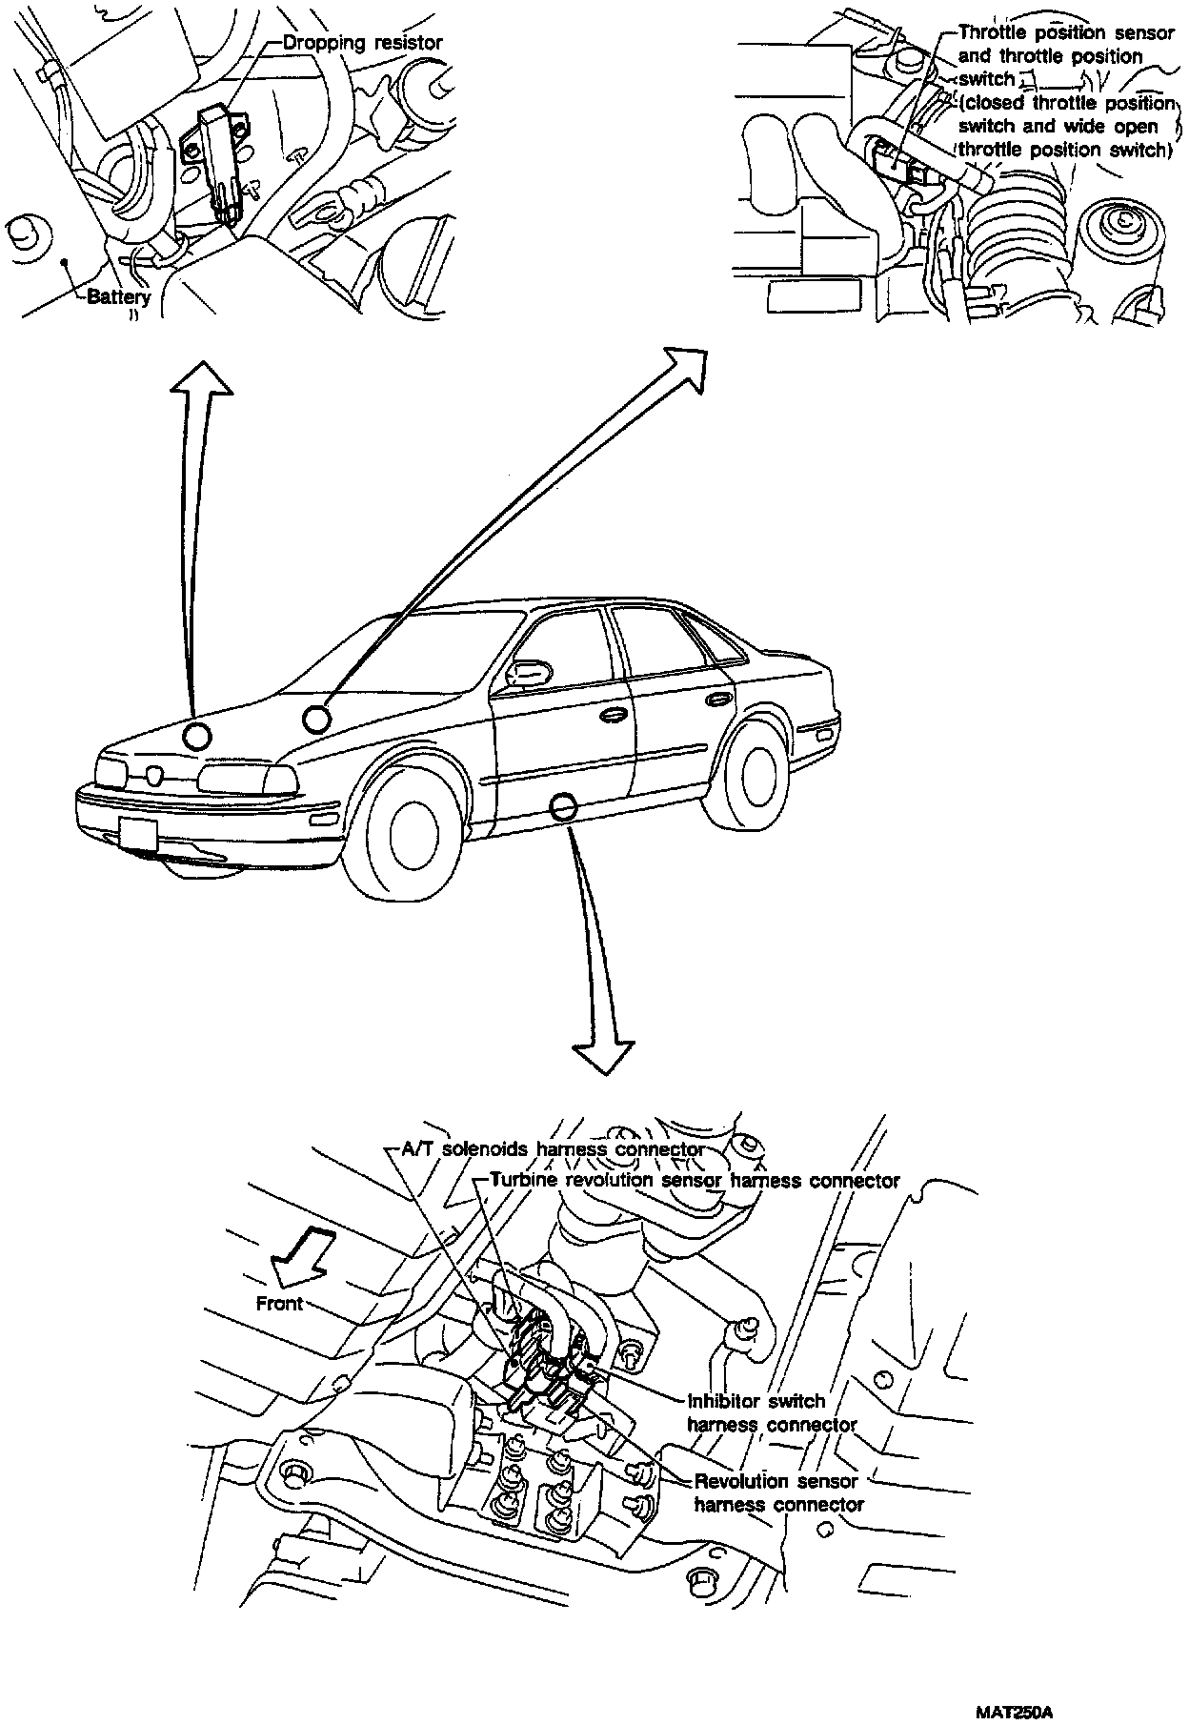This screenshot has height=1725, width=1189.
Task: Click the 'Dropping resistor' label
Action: point(362,44)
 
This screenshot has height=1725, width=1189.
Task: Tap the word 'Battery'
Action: point(118,297)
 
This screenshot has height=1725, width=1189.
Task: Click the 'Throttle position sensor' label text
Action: point(1065,33)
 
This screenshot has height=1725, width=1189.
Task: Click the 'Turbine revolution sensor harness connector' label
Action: point(695,1181)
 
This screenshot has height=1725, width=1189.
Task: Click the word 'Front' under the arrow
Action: point(279,1303)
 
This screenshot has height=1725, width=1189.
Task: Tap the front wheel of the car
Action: point(410,830)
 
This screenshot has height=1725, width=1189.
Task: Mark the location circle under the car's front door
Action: point(563,809)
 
